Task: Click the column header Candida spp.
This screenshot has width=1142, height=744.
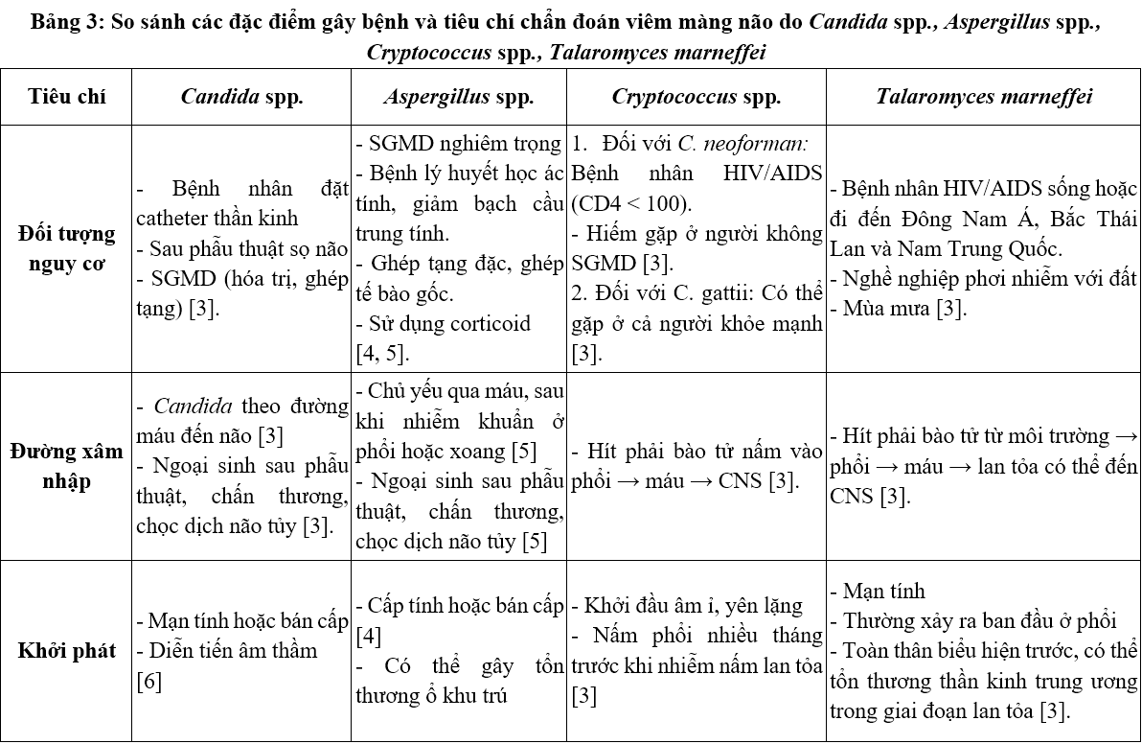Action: click(241, 97)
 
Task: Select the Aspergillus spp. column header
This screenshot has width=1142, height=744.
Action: click(459, 97)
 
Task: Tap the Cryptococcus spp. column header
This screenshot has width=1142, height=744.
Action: click(697, 97)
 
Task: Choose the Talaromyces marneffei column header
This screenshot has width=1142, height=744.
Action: click(984, 97)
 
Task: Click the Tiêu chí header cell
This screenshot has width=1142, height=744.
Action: click(67, 97)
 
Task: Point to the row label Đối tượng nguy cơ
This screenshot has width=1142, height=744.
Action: click(67, 246)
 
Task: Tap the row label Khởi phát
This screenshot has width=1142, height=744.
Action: click(67, 651)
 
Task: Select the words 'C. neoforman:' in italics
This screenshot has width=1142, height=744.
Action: click(742, 145)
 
